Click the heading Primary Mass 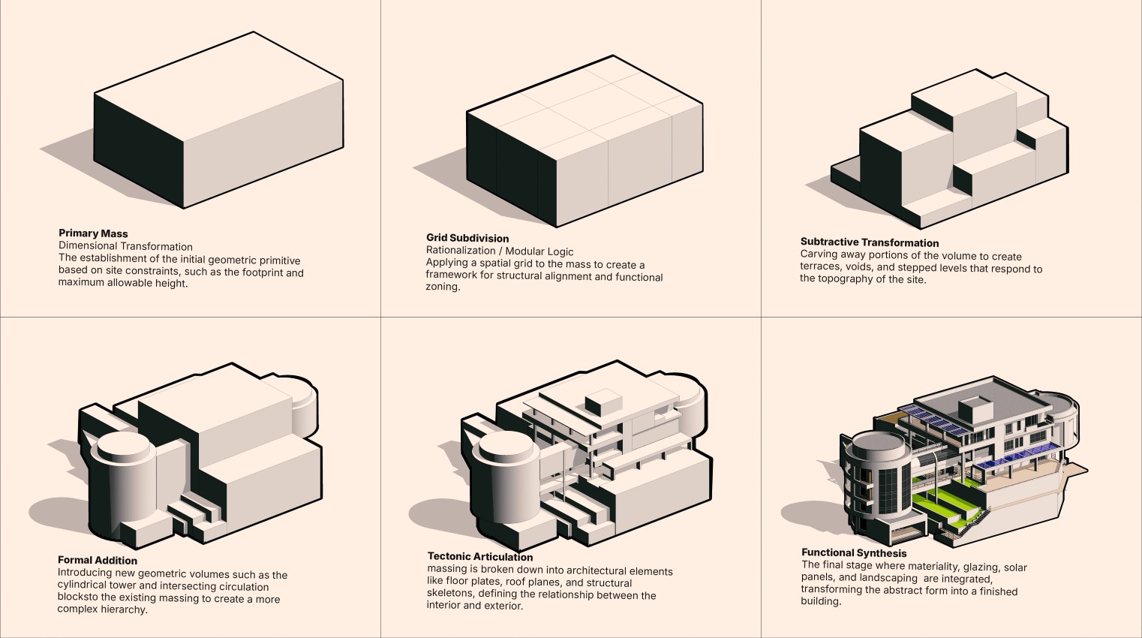93,233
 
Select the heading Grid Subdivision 467,238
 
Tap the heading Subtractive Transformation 869,242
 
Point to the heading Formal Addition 98,561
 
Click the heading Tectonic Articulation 480,556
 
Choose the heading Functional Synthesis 854,553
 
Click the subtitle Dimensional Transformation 125,246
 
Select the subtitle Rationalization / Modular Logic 500,251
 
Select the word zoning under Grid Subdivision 443,287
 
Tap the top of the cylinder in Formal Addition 123,446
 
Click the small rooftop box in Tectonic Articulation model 603,402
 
